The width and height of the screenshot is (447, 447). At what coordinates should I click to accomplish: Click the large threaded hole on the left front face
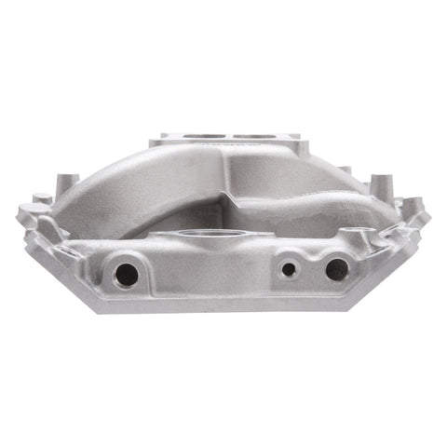124,273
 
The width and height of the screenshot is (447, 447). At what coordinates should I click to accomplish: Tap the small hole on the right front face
289,269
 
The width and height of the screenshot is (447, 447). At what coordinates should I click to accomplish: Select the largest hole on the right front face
336,269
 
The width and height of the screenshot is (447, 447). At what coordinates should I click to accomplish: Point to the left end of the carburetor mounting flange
160,142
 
